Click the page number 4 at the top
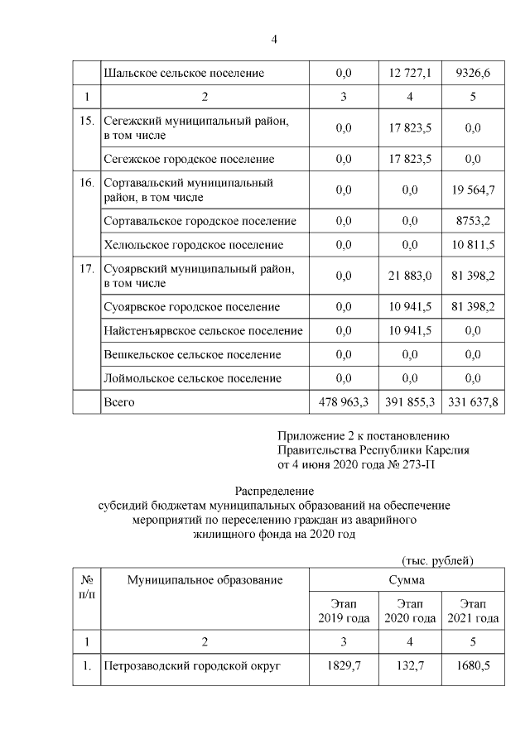coord(274,40)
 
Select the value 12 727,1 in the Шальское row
coord(409,74)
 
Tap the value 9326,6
coord(474,74)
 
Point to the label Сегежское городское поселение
coord(188,159)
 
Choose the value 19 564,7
coord(474,190)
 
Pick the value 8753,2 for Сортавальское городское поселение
coord(474,221)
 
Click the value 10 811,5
coord(474,245)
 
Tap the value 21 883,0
coord(409,276)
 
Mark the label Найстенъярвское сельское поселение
coord(203,331)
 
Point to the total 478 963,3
coord(344,402)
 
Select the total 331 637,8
coord(474,402)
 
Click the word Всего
coord(118,402)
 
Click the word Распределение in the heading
coord(274,491)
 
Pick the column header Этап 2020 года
coord(409,611)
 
